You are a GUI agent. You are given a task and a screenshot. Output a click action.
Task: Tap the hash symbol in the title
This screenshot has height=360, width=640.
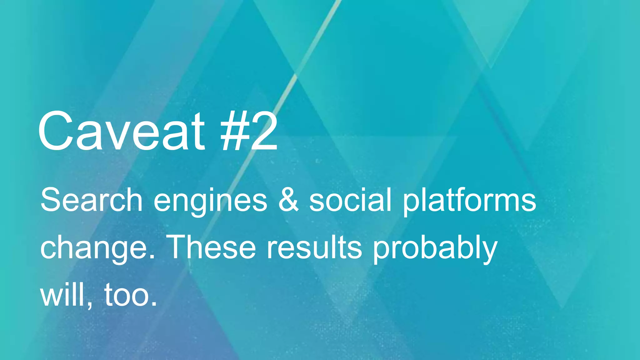[235, 132]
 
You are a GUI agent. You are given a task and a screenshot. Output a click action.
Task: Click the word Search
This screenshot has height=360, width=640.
[91, 200]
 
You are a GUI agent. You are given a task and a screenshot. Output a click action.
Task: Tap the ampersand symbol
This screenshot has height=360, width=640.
[288, 200]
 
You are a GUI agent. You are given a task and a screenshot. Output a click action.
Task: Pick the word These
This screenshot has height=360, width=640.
[212, 247]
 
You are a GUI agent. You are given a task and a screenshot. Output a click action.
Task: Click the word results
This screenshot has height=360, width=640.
[314, 247]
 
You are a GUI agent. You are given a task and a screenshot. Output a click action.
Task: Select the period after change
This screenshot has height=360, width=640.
[152, 256]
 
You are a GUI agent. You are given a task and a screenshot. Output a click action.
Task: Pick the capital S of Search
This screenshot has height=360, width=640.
[51, 200]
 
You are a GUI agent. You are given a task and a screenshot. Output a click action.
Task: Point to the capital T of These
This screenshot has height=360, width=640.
[179, 247]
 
